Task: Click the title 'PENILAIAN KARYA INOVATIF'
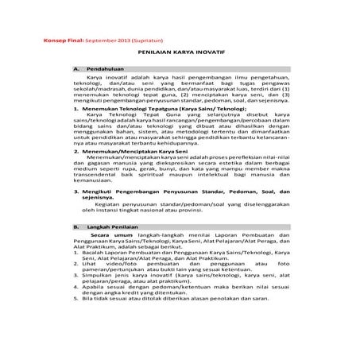tap(180, 55)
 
